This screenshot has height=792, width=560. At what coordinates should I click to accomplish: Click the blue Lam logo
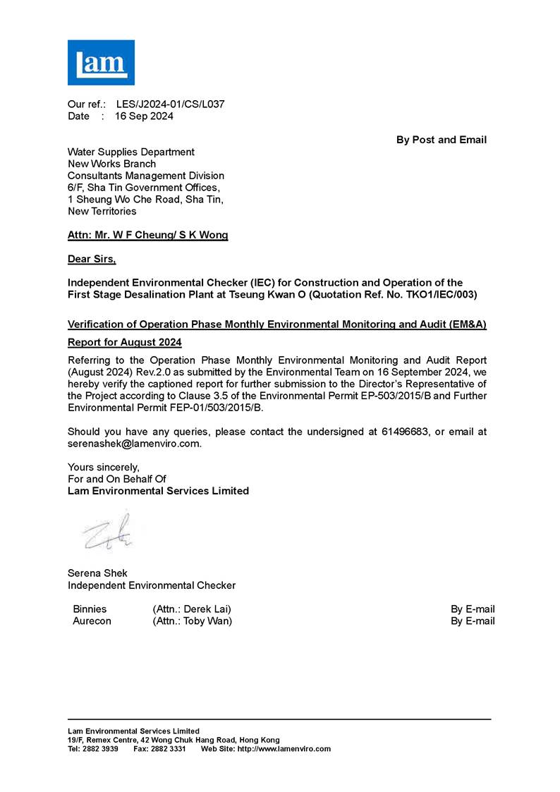(x=101, y=62)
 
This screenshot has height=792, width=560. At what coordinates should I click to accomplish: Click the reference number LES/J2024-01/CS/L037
(x=170, y=104)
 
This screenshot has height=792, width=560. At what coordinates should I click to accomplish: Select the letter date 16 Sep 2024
(x=144, y=116)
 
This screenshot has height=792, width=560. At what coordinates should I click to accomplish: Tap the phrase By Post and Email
(x=441, y=140)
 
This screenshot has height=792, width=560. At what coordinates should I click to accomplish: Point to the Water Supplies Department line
(x=130, y=152)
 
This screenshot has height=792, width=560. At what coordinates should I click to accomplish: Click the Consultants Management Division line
(x=145, y=176)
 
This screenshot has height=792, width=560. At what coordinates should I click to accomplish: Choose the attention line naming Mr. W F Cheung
(x=147, y=236)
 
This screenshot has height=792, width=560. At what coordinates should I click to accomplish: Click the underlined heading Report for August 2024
(x=124, y=343)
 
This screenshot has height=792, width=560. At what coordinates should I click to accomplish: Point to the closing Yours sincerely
(x=104, y=467)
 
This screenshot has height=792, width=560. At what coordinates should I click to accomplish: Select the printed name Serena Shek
(x=97, y=573)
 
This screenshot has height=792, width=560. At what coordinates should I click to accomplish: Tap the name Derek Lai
(x=207, y=609)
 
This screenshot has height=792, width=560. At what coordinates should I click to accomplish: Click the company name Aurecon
(x=92, y=621)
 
